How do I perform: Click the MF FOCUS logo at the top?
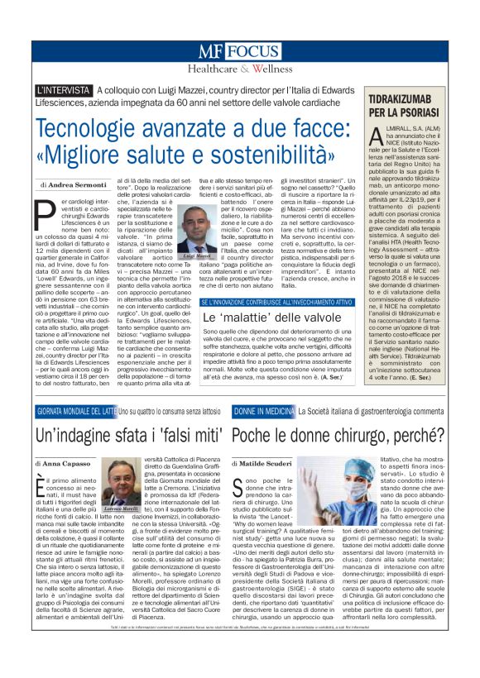[239, 51]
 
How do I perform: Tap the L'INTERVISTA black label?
[64, 89]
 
